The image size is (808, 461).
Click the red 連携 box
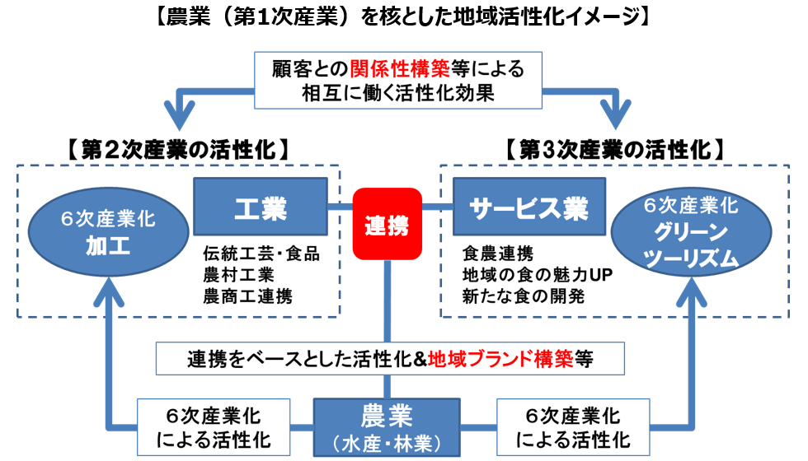387,224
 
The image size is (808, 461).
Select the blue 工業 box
261,206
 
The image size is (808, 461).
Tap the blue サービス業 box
528,206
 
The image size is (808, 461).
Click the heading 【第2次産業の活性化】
178,150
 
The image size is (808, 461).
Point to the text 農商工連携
249,296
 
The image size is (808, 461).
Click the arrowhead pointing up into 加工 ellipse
108,288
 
